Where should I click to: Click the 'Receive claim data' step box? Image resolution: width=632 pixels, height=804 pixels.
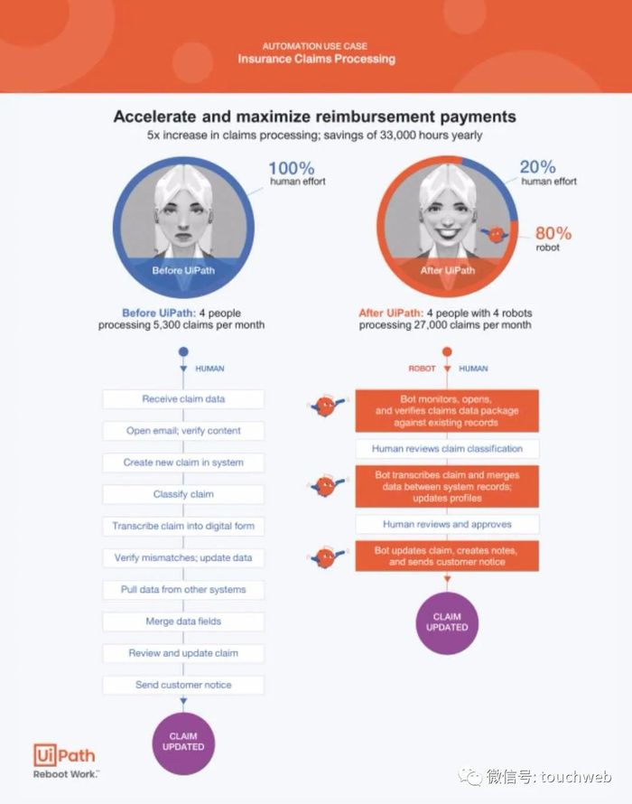tap(183, 398)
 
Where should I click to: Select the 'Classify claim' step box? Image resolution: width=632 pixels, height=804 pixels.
tap(183, 494)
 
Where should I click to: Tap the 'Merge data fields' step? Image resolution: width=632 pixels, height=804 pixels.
tap(183, 622)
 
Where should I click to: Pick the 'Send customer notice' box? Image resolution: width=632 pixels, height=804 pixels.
tap(183, 685)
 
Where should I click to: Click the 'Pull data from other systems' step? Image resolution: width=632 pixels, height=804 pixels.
tap(183, 589)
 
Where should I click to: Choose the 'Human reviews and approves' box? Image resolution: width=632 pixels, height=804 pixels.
tap(447, 524)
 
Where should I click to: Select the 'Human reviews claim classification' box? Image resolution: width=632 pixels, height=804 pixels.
tap(447, 448)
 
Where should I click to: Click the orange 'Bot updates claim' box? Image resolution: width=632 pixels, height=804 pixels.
tap(447, 556)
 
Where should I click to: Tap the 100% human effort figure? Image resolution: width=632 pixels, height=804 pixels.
tap(291, 169)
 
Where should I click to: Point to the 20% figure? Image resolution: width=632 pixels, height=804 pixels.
tap(539, 167)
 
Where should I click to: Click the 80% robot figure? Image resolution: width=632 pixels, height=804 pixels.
tap(553, 233)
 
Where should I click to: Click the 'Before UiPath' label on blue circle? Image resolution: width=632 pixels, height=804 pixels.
tap(183, 270)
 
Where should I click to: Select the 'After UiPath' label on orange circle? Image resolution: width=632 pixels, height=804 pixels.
tap(447, 270)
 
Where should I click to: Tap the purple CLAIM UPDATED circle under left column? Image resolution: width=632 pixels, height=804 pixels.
tap(183, 742)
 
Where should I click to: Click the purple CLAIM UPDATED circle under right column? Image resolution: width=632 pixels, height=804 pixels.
tap(447, 622)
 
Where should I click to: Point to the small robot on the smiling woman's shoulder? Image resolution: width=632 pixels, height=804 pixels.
tap(496, 235)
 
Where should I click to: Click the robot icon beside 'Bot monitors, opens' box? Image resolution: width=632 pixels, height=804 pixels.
tap(325, 407)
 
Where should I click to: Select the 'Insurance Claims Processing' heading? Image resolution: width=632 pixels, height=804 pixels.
tap(316, 59)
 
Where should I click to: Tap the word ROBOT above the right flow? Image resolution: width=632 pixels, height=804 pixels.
tap(423, 369)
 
